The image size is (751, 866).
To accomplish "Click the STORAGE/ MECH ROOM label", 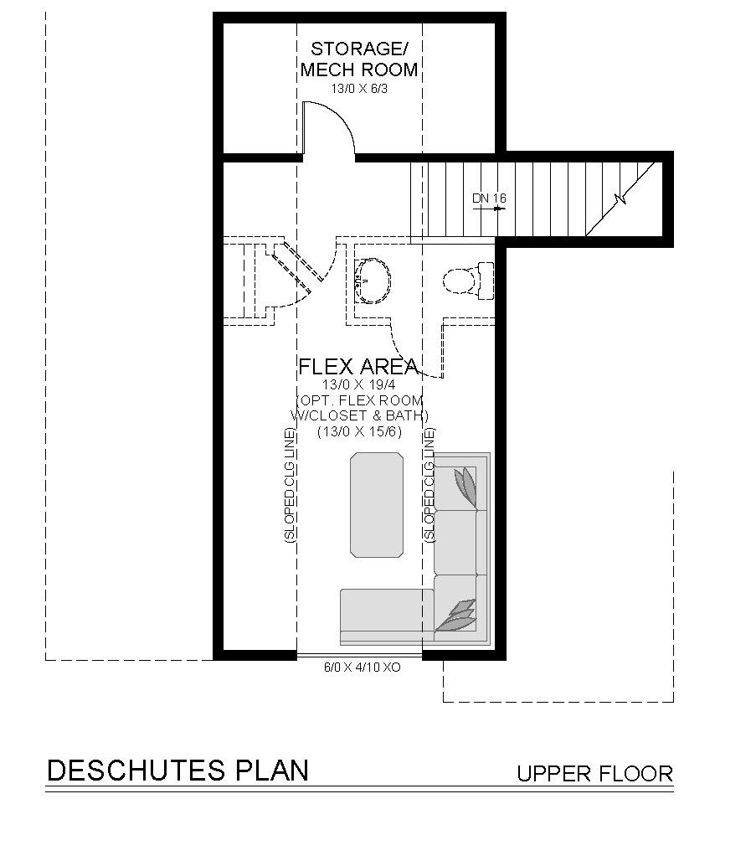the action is tap(359, 59).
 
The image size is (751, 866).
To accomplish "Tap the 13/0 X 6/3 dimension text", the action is tap(359, 89).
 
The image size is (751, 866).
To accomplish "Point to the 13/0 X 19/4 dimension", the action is tap(359, 384).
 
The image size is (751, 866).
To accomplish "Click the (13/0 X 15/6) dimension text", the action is tap(359, 431).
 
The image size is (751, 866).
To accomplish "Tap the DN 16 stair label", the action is tap(489, 198).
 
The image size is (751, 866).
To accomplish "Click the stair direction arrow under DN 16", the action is tap(489, 209).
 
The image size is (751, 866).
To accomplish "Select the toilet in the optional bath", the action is tap(468, 281).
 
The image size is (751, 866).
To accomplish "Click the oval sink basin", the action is tap(373, 280).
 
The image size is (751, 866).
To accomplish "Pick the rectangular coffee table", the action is tap(377, 505).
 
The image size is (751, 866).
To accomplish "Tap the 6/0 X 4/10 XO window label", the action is tap(362, 668).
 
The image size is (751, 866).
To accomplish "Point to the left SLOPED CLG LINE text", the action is tap(290, 486).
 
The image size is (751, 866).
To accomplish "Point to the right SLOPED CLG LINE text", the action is tap(430, 486).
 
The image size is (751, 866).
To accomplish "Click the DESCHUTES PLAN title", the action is tap(177, 770).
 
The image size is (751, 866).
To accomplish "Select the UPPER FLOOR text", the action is tap(594, 773).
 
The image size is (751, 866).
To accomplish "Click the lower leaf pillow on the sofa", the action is tap(457, 616).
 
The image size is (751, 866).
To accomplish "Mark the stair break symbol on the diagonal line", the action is tap(622, 198).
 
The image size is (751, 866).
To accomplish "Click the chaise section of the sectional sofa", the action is tap(387, 616).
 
